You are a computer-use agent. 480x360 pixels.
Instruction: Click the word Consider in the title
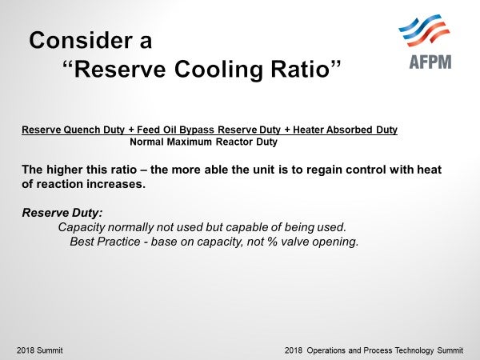point(81,40)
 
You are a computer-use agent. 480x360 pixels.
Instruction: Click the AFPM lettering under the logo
point(430,62)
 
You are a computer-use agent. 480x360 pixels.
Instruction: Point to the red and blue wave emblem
point(424,30)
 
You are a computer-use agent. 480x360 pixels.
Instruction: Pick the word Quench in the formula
point(82,130)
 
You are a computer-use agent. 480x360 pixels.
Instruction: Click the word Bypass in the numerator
point(197,130)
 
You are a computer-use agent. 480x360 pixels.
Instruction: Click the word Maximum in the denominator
point(189,142)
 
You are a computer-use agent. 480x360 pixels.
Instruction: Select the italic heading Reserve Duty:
point(62,213)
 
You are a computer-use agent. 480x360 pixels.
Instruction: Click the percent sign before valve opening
point(272,242)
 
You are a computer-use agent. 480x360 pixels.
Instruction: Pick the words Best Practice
point(105,242)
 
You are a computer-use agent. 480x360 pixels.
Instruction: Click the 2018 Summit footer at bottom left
point(40,350)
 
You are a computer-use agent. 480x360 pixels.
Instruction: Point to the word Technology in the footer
point(414,350)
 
